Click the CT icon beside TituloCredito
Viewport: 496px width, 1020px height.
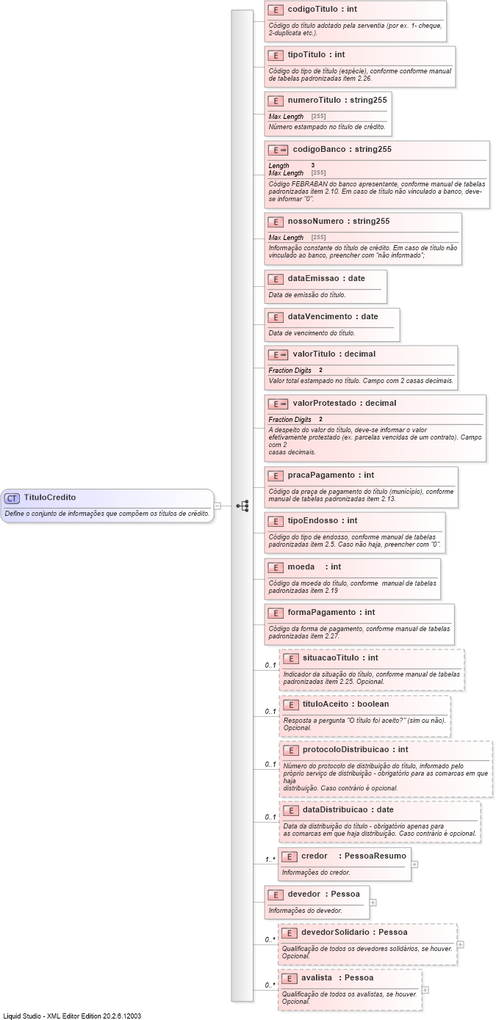[x=12, y=498]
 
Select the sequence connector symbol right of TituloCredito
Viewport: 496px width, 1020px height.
[x=242, y=506]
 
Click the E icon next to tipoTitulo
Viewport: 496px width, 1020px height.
[x=276, y=55]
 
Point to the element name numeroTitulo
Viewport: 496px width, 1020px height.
[x=314, y=100]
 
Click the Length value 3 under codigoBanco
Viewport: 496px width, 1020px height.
[x=313, y=165]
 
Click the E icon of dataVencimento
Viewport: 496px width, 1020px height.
[x=276, y=317]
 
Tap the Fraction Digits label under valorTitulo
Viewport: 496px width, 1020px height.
[x=290, y=371]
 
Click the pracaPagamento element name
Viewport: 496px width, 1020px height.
[x=320, y=475]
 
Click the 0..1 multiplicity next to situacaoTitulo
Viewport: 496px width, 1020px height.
[x=270, y=666]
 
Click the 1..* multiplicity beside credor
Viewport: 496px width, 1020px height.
[x=270, y=859]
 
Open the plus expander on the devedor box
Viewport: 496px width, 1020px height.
[x=373, y=903]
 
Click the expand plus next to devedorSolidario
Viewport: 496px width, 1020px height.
[x=461, y=944]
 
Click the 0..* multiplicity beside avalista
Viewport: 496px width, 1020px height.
[x=270, y=986]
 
